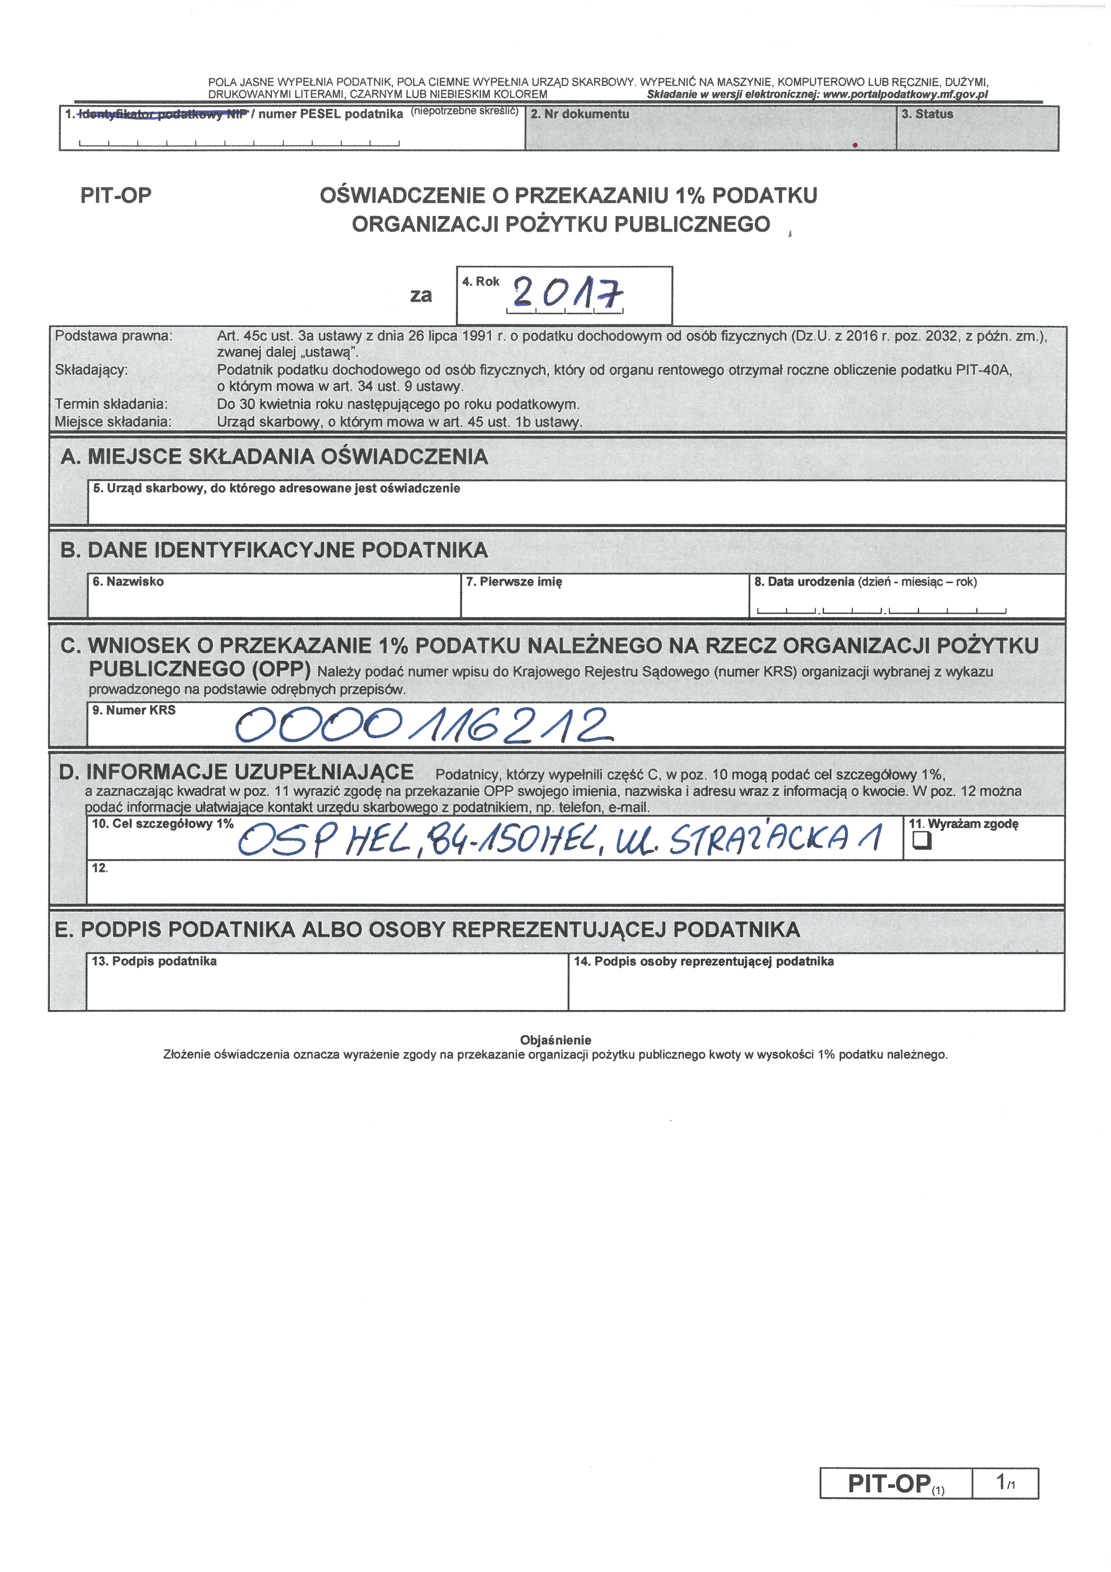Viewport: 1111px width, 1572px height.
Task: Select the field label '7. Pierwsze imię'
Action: click(513, 582)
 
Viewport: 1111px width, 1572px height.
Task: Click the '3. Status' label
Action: click(927, 114)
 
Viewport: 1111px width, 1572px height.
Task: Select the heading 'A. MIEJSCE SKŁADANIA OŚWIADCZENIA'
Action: click(274, 457)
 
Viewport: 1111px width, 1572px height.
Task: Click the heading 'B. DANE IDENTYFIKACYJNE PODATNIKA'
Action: click(274, 550)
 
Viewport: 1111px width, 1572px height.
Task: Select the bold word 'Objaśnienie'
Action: click(555, 1040)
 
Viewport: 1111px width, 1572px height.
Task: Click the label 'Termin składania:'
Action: click(111, 404)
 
